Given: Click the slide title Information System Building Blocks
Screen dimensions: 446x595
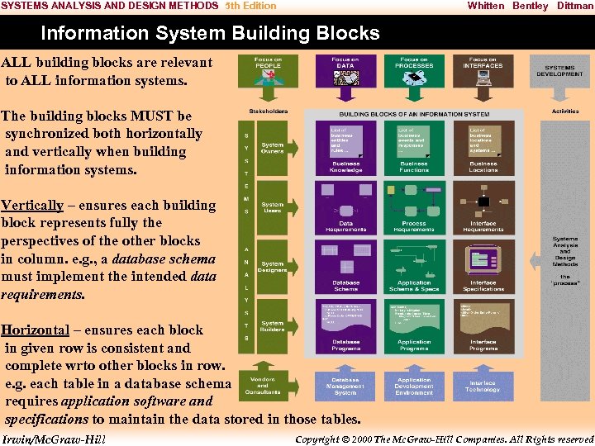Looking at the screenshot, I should pyautogui.click(x=210, y=34).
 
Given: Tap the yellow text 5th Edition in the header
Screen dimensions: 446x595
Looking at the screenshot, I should pyautogui.click(x=251, y=6).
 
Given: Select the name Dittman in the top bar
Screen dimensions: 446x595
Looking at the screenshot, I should pyautogui.click(x=574, y=6).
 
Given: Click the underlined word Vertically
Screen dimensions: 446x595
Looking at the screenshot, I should pyautogui.click(x=32, y=205).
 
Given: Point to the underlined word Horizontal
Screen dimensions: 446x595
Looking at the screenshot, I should pyautogui.click(x=36, y=330).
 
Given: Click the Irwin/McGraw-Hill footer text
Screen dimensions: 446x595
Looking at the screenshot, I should pyautogui.click(x=55, y=439).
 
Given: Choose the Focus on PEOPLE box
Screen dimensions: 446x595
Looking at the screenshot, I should pyautogui.click(x=268, y=71).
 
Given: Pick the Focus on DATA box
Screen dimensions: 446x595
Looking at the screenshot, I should pyautogui.click(x=345, y=71).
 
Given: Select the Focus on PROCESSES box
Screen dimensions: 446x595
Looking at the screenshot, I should pyautogui.click(x=414, y=71).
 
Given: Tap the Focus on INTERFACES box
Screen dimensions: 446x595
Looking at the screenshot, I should pyautogui.click(x=483, y=71).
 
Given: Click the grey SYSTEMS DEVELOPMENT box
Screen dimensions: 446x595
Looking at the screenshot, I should pyautogui.click(x=559, y=71).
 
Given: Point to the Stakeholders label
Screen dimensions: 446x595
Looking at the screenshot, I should pyautogui.click(x=268, y=111).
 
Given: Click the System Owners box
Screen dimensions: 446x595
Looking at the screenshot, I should pyautogui.click(x=272, y=148).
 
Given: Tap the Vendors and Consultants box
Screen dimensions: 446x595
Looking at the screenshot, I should pyautogui.click(x=262, y=386).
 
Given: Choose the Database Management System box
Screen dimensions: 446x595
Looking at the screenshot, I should pyautogui.click(x=345, y=386).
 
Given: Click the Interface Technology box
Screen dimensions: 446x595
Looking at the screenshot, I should pyautogui.click(x=483, y=386).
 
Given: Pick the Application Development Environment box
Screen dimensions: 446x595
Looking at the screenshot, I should pyautogui.click(x=414, y=386).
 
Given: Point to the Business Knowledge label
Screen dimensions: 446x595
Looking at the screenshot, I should pyautogui.click(x=345, y=166).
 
